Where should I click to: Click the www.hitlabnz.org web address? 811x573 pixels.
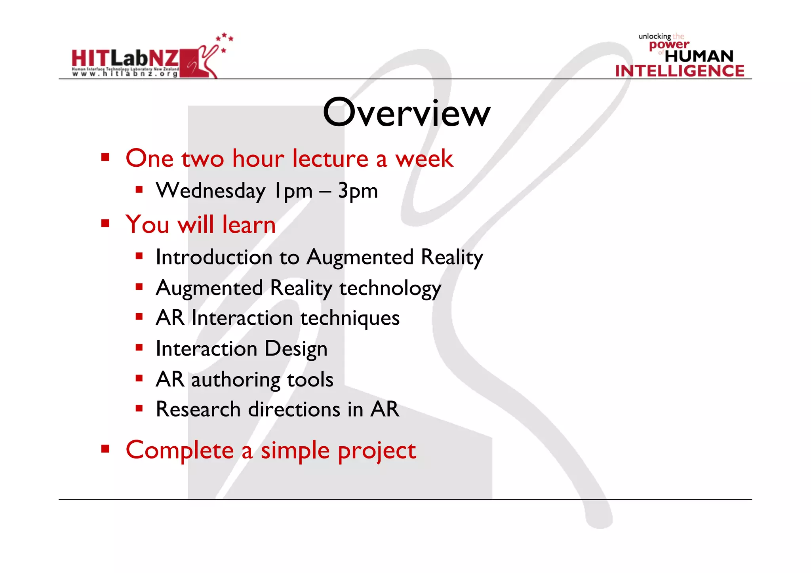[x=125, y=74]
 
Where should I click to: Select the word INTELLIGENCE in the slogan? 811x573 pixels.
[x=680, y=71]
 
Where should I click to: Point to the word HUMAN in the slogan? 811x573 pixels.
[x=699, y=56]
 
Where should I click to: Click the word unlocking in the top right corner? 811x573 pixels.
[x=654, y=36]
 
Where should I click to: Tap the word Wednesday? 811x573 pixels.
[x=211, y=191]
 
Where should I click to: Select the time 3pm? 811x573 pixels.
[x=358, y=191]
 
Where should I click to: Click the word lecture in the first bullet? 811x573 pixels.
[x=330, y=158]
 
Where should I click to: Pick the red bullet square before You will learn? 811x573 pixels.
[x=105, y=224]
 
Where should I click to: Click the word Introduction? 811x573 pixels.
[x=214, y=257]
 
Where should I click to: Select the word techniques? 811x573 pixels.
[x=350, y=318]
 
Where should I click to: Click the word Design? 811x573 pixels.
[x=296, y=349]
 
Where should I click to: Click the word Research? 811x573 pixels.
[x=198, y=409]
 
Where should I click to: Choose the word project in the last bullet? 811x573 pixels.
[x=377, y=451]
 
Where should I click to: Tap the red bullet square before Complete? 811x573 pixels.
[x=105, y=449]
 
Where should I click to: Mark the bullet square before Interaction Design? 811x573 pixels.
[x=139, y=348]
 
